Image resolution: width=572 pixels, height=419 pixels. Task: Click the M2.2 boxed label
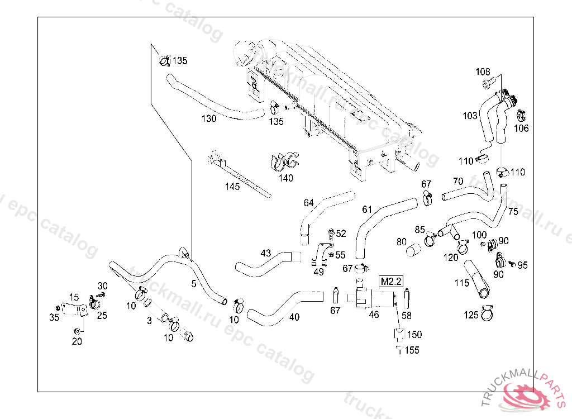392,282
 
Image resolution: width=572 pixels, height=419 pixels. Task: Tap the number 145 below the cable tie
232,187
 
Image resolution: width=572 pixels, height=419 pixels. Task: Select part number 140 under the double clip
285,178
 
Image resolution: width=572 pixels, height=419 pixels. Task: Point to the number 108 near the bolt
483,72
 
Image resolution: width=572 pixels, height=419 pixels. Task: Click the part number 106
521,128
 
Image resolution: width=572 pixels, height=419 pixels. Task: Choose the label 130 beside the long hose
209,118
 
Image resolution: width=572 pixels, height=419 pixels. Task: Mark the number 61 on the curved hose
367,209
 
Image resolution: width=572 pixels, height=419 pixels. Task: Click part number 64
309,202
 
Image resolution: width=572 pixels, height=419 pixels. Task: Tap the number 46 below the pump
374,315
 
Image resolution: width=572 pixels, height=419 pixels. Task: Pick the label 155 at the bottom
412,350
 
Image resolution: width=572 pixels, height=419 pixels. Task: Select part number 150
414,335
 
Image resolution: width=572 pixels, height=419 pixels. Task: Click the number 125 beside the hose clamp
471,315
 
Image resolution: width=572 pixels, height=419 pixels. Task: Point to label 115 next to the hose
461,283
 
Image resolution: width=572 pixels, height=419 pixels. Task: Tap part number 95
522,265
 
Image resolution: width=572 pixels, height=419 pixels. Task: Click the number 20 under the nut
77,341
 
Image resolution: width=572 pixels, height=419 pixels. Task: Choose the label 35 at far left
54,318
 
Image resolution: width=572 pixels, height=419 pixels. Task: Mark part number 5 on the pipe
194,284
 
